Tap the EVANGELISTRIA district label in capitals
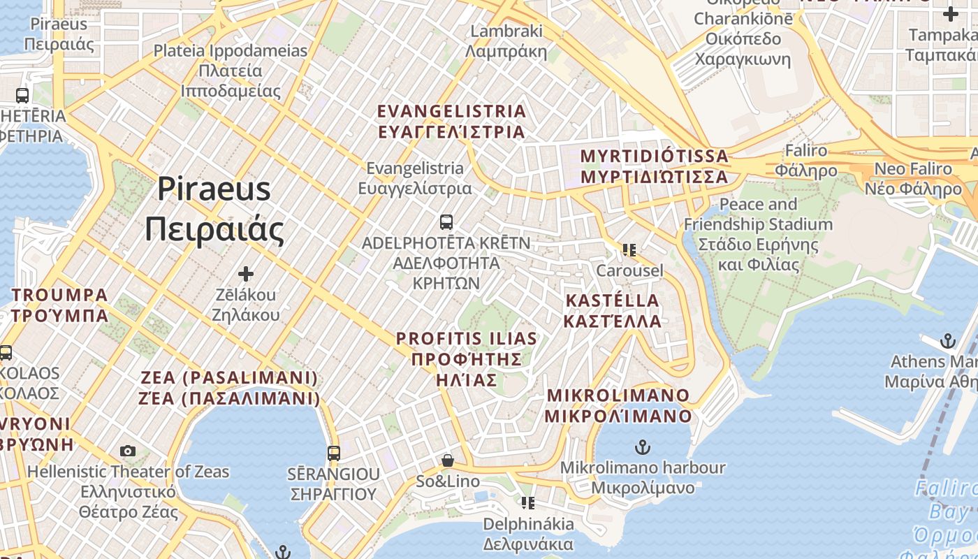(x=451, y=122)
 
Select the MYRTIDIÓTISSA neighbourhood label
(x=655, y=166)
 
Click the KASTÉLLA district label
(x=612, y=310)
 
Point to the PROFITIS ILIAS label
(x=467, y=359)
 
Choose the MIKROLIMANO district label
(x=618, y=405)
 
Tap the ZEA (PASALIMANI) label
(x=230, y=388)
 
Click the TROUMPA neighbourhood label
(x=59, y=305)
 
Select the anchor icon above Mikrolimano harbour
(x=642, y=447)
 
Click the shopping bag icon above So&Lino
(x=447, y=461)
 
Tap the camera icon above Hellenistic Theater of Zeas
(x=128, y=451)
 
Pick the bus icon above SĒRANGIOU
(x=334, y=453)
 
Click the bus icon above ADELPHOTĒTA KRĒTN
(x=446, y=222)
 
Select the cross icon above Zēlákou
(x=246, y=274)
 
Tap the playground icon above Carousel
(x=629, y=249)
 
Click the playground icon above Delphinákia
(x=528, y=502)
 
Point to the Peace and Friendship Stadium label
(x=758, y=234)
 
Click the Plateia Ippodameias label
(x=231, y=71)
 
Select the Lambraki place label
(x=506, y=41)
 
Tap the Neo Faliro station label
(x=913, y=178)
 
